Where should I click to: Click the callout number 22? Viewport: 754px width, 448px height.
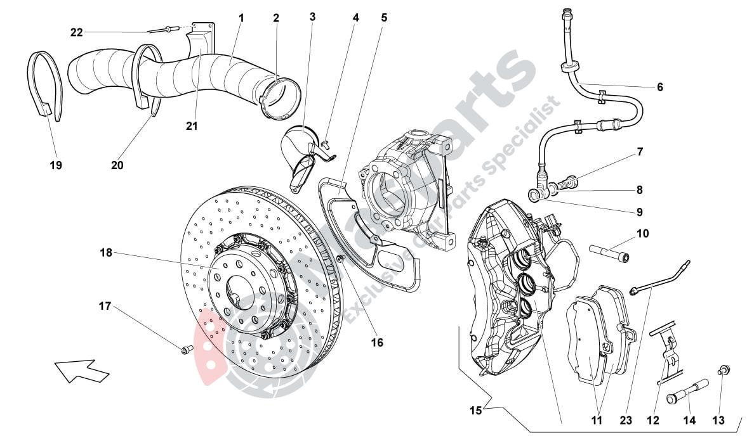click(x=76, y=32)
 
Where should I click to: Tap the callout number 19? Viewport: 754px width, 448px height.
click(x=56, y=165)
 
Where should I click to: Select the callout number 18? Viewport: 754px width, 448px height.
click(x=105, y=253)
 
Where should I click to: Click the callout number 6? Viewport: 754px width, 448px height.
click(x=659, y=87)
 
